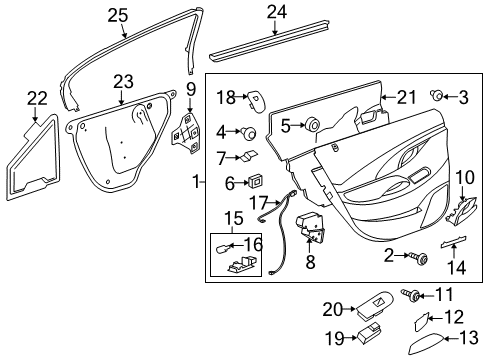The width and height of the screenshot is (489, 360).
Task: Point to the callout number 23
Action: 122,82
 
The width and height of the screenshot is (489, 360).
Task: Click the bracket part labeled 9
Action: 186,130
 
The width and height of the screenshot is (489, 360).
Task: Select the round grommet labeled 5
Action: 312,125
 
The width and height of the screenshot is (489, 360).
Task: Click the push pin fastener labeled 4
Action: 248,133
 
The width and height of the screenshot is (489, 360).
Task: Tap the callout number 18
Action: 226,98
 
